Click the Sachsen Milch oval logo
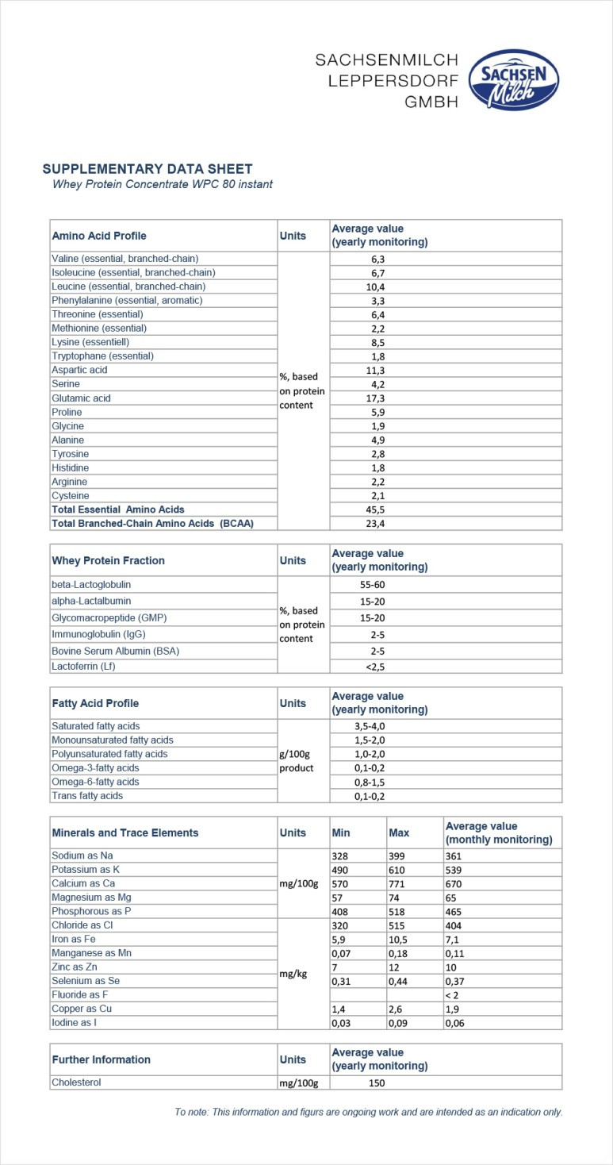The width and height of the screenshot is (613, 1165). (514, 79)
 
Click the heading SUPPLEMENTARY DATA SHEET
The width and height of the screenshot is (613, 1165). (148, 169)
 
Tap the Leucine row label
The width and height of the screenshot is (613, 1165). (128, 286)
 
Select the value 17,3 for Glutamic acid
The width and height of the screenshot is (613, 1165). (377, 398)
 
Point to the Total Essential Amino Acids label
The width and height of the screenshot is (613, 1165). (118, 509)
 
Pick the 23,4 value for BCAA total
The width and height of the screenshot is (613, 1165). (377, 524)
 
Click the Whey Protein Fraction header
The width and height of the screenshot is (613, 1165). (108, 560)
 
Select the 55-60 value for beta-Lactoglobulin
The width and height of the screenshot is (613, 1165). (374, 584)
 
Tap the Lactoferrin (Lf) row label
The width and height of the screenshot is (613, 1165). (83, 667)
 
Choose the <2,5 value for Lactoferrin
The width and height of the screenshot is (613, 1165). (375, 667)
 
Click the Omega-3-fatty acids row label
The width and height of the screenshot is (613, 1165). (95, 768)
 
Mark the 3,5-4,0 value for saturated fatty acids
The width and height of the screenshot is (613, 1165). (370, 726)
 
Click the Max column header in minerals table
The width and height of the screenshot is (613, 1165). (399, 833)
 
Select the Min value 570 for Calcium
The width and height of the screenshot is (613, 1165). (341, 884)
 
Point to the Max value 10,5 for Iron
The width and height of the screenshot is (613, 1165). (399, 940)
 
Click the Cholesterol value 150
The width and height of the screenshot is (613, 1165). (377, 1082)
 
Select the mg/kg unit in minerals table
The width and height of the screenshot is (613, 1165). (293, 974)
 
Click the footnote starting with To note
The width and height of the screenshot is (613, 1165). (369, 1112)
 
